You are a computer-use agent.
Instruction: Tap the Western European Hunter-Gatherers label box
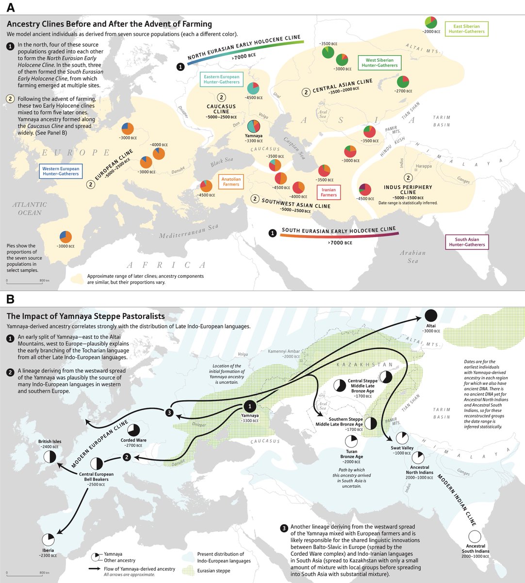pyautogui.click(x=61, y=171)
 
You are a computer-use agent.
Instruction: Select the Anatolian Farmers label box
pyautogui.click(x=231, y=182)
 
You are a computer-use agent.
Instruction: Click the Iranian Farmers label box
pyautogui.click(x=328, y=192)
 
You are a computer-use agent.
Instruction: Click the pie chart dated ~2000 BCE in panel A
pyautogui.click(x=430, y=22)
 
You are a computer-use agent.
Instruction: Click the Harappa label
pyautogui.click(x=423, y=166)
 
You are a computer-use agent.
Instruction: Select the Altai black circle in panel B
pyautogui.click(x=431, y=315)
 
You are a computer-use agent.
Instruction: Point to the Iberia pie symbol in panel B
pyautogui.click(x=48, y=540)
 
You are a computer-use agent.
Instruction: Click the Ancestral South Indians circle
pyautogui.click(x=474, y=536)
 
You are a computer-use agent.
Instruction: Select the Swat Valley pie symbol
pyautogui.click(x=403, y=438)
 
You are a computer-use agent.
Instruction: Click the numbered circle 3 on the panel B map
pyautogui.click(x=169, y=412)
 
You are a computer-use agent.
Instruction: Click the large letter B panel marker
pyautogui.click(x=10, y=299)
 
